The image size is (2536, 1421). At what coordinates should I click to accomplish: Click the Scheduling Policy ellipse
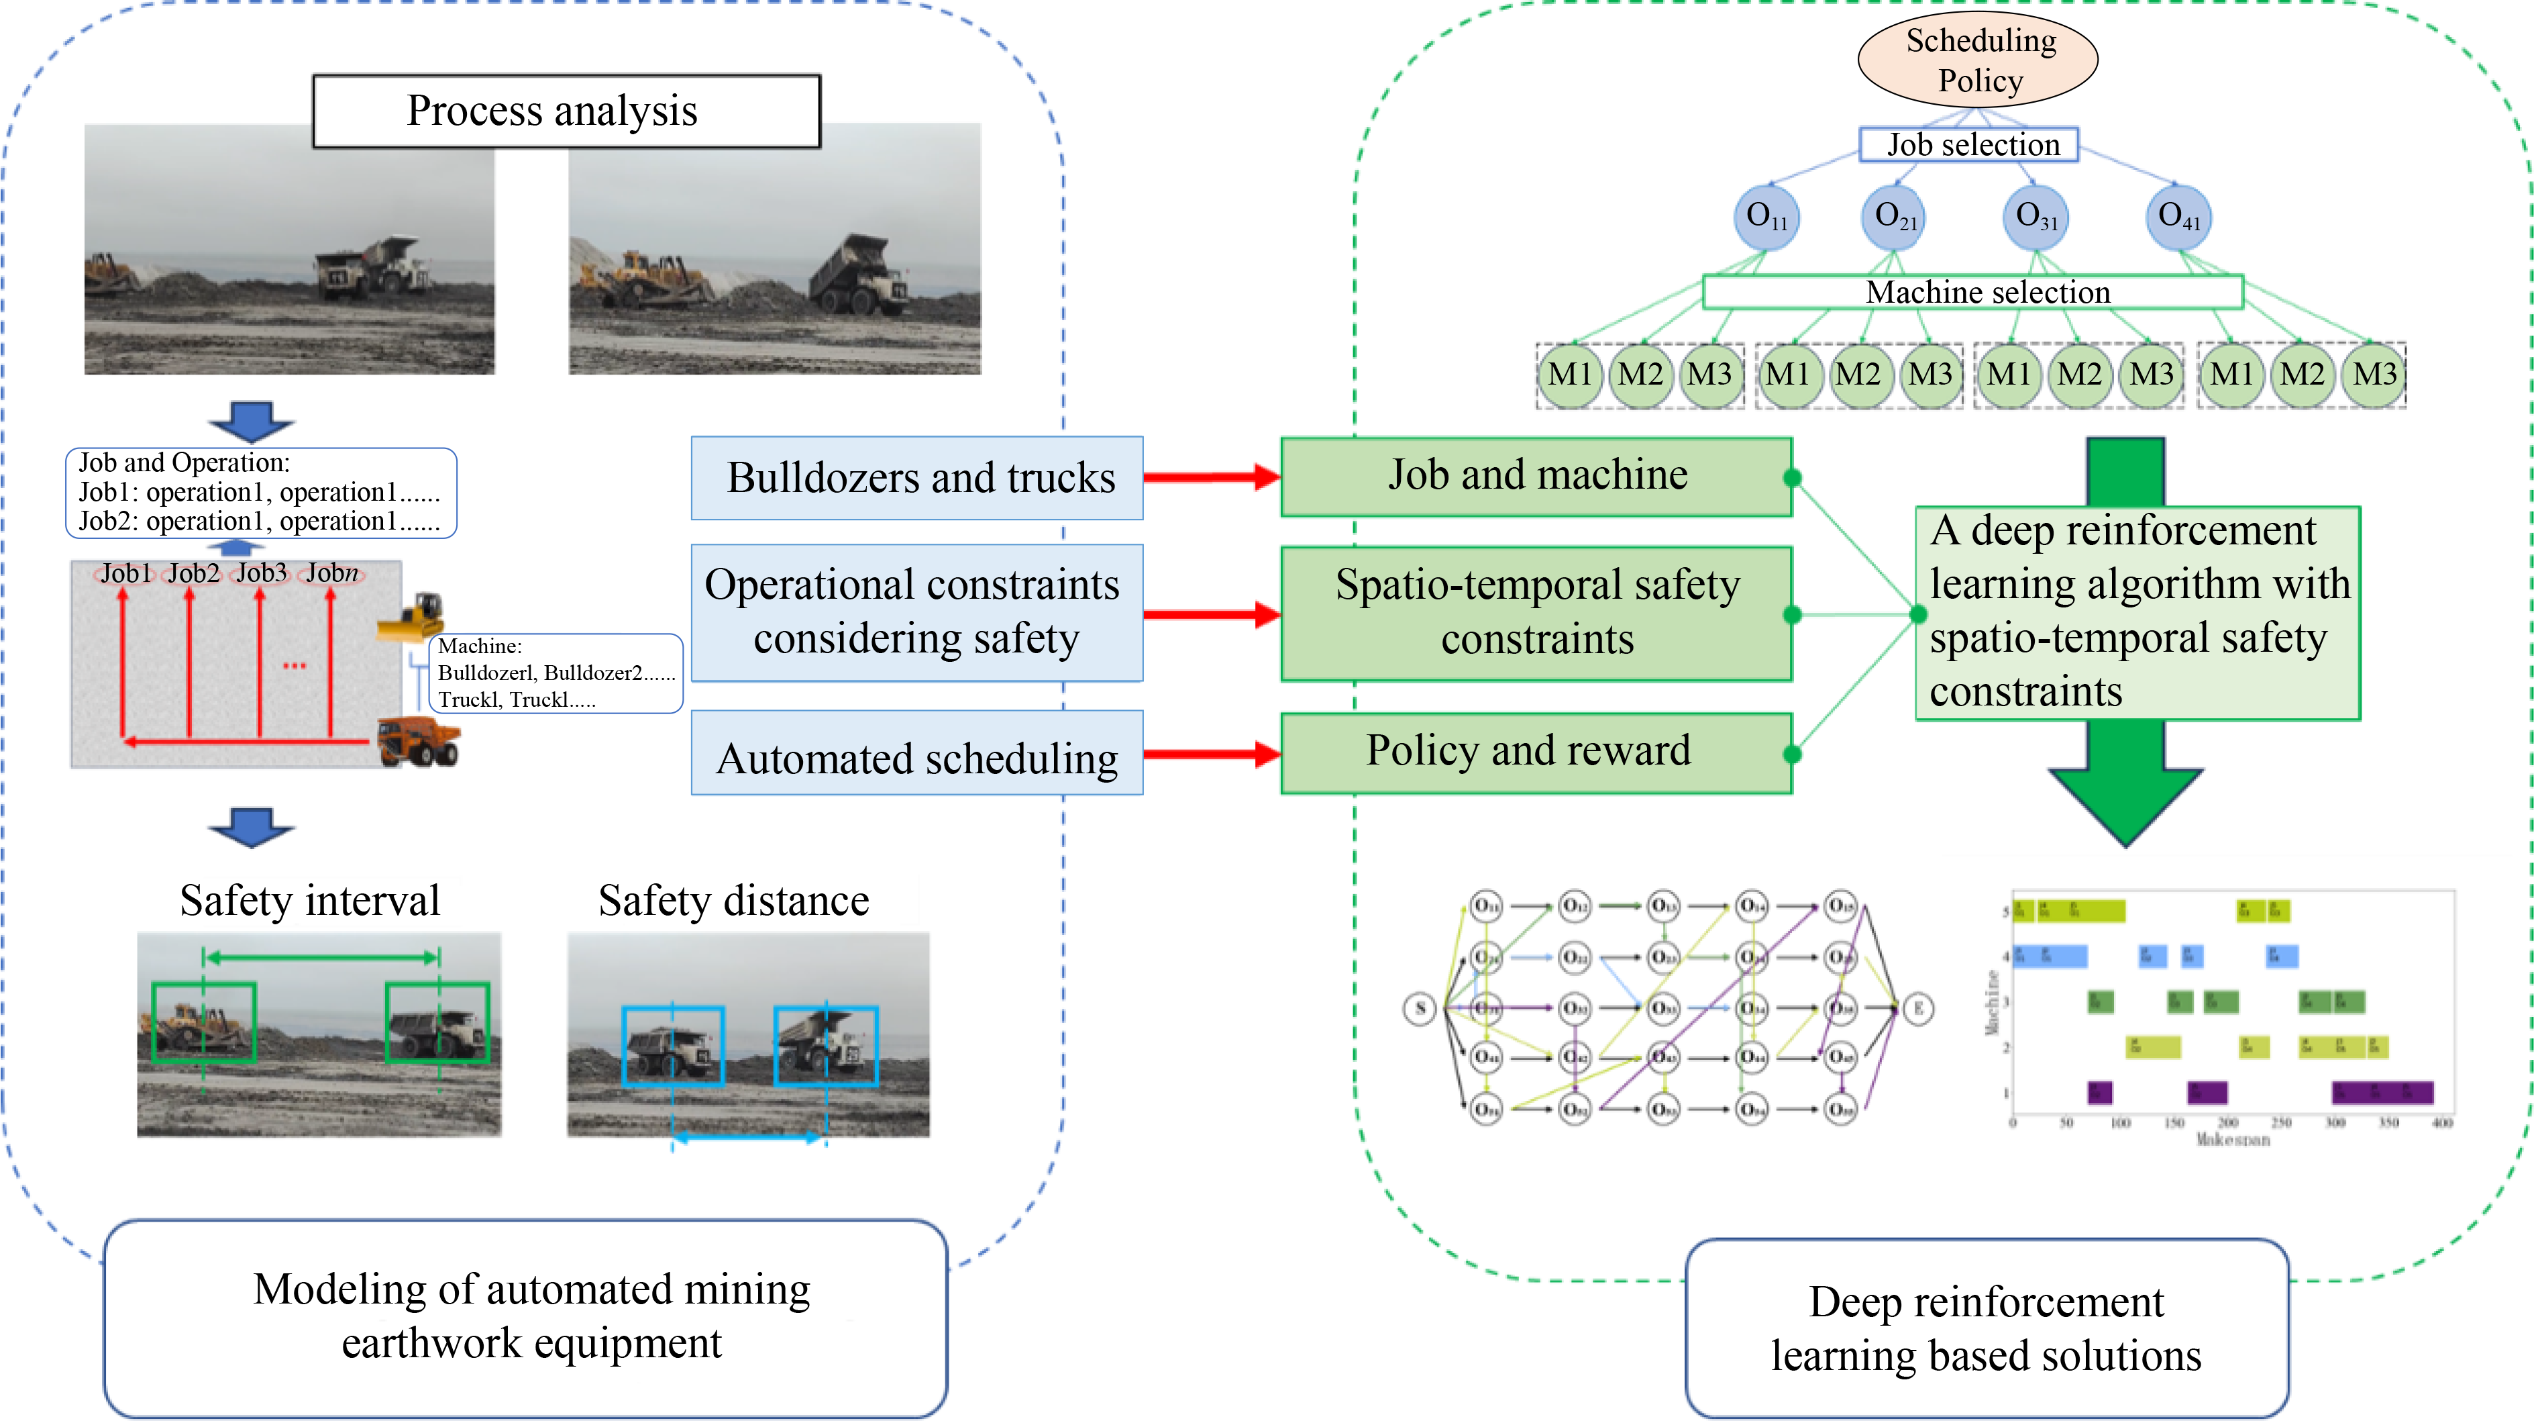pos(1977,59)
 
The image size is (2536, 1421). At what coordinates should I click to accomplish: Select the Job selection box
pos(1969,145)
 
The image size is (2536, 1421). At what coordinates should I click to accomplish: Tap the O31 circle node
pos(2034,217)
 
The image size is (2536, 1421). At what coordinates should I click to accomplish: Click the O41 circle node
pos(2178,217)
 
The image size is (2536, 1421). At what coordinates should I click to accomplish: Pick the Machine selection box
pos(1973,293)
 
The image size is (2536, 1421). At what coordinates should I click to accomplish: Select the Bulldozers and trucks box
pos(916,478)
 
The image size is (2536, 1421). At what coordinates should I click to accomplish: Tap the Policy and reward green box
pos(1535,752)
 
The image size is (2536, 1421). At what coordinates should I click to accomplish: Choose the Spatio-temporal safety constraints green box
pos(1535,613)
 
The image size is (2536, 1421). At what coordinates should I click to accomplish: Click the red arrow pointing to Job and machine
pos(1211,478)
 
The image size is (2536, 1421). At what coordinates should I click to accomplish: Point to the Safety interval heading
pos(309,900)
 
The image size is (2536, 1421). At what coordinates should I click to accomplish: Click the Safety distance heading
pos(733,900)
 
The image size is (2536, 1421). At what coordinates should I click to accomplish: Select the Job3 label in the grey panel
pos(261,573)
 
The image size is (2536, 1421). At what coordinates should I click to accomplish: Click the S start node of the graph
pos(1420,1008)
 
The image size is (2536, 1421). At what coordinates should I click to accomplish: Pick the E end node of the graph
pos(1917,1008)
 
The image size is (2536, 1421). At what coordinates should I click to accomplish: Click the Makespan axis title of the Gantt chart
pos(2233,1139)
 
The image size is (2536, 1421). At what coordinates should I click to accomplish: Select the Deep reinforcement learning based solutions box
pos(1986,1328)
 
